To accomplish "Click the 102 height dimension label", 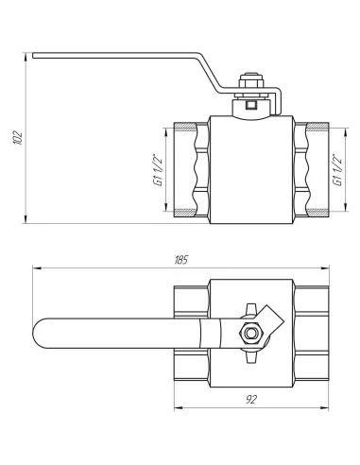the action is click(19, 137).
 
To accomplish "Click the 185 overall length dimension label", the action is click(180, 260).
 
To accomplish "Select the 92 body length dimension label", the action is click(251, 400).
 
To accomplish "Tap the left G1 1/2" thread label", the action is click(158, 170).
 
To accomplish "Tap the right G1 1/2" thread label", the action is click(337, 170).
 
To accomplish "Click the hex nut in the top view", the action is click(250, 333).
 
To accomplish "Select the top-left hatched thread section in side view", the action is click(184, 127).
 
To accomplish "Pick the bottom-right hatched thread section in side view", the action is click(317, 212).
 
